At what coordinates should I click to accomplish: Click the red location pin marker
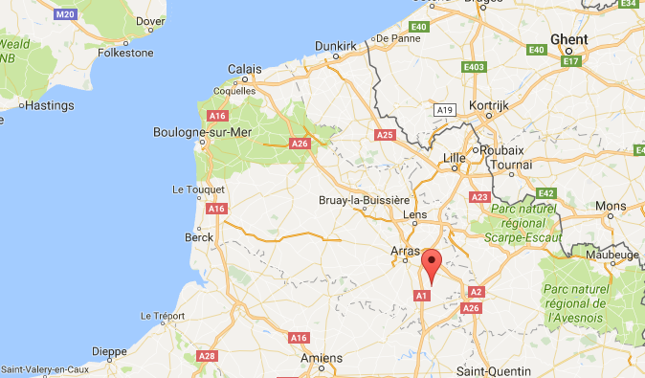(x=432, y=264)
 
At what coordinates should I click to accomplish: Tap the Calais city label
(x=246, y=69)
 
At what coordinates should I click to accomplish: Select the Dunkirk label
(x=336, y=45)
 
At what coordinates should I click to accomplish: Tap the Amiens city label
(x=321, y=358)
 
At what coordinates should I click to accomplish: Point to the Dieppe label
(x=109, y=351)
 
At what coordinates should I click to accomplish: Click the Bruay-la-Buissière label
(x=364, y=199)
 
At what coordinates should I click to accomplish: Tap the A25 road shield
(x=385, y=135)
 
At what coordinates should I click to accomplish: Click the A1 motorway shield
(x=421, y=297)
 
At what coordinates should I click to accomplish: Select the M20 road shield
(x=66, y=14)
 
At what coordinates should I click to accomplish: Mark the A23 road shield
(x=479, y=196)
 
